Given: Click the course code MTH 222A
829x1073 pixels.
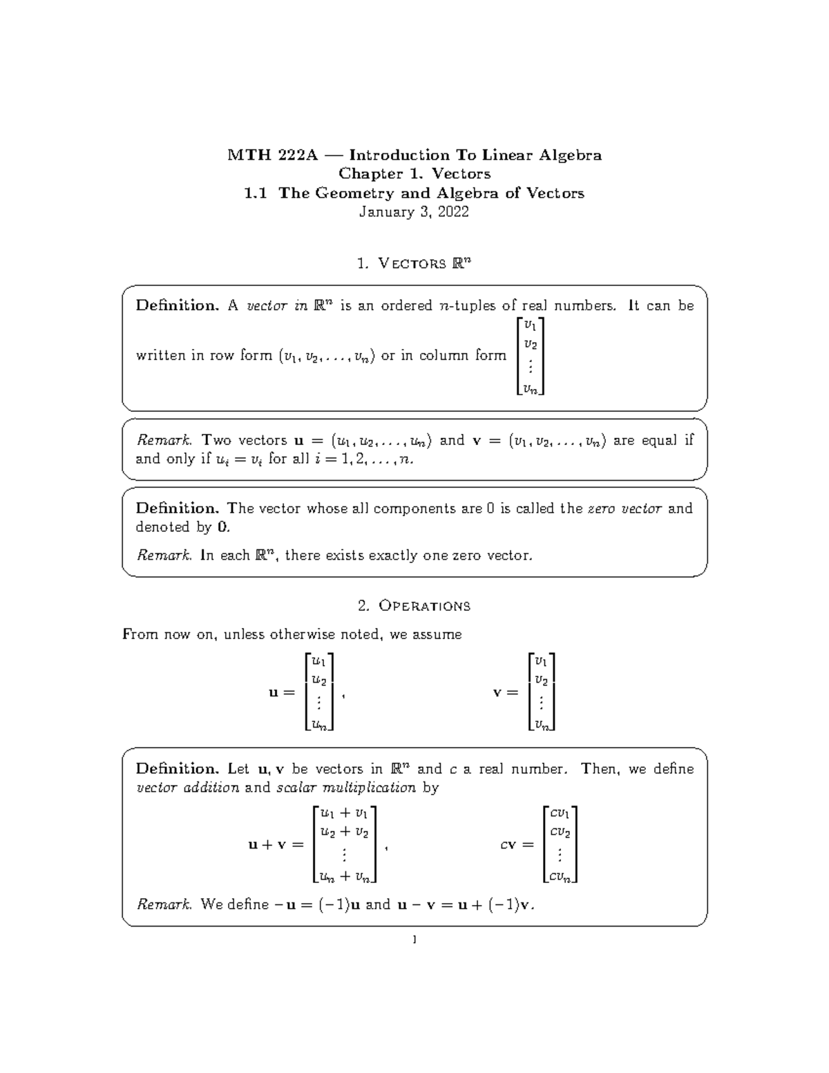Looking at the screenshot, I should click(272, 155).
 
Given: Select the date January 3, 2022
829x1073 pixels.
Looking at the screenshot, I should click(414, 212).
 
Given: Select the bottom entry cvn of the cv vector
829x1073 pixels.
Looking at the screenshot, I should click(560, 877).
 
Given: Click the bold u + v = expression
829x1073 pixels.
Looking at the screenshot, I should click(276, 845).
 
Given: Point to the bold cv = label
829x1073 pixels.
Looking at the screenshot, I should click(517, 845).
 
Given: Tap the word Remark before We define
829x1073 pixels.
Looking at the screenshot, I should click(163, 904).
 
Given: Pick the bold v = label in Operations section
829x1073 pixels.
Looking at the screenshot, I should click(505, 692).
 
